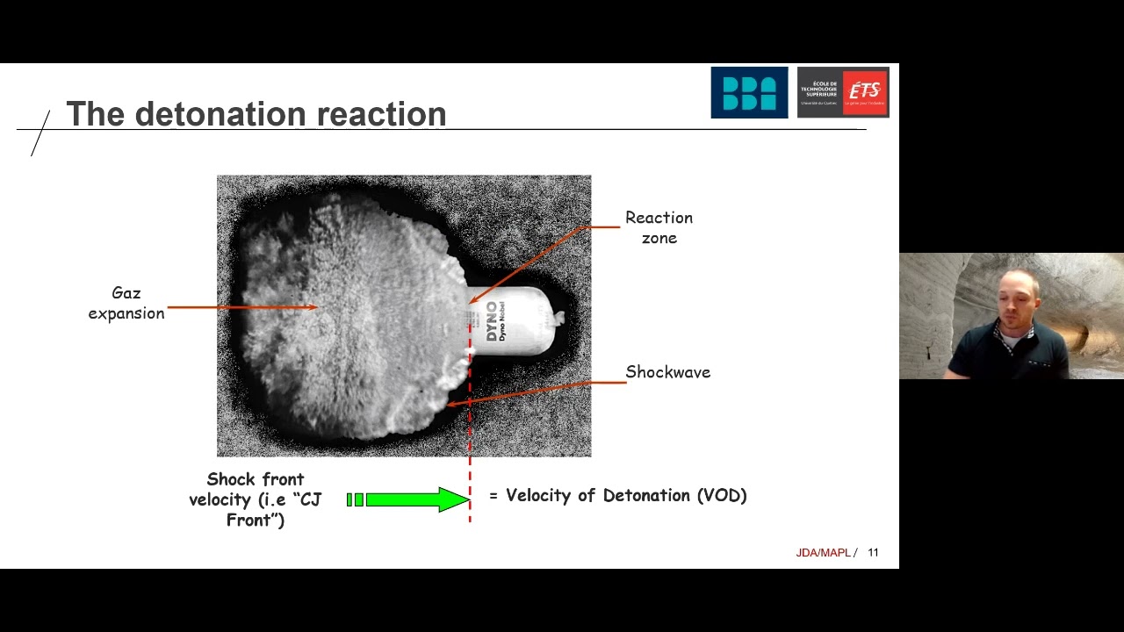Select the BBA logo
(749, 92)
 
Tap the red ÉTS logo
(865, 91)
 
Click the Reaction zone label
(659, 227)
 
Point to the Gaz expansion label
(126, 303)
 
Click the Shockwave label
(667, 372)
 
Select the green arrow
(409, 499)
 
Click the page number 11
(873, 552)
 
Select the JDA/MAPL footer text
(823, 552)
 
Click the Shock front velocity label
(255, 499)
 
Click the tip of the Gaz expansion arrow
(316, 307)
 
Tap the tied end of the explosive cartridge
(558, 317)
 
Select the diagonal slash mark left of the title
(40, 133)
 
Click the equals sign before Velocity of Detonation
(494, 497)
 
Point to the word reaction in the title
(381, 114)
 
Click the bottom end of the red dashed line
(470, 520)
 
